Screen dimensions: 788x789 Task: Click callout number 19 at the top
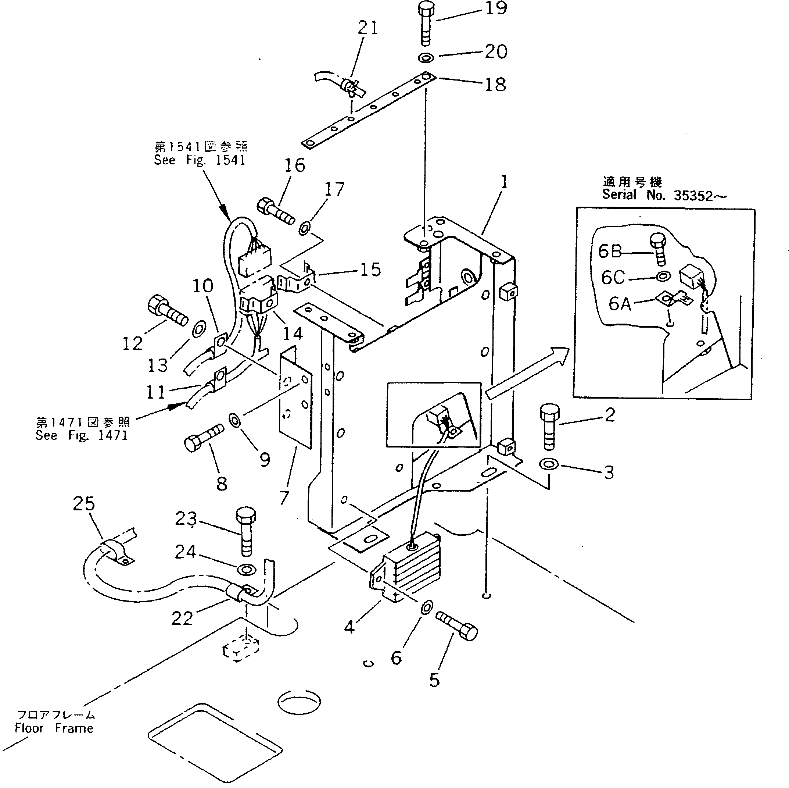[496, 8]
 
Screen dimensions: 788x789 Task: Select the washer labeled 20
[426, 58]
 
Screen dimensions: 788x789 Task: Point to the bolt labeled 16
[276, 211]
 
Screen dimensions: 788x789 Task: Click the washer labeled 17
[305, 228]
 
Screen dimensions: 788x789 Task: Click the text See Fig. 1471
[82, 435]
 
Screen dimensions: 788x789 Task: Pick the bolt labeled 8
[203, 437]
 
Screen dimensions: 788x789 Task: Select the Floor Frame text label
[54, 728]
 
